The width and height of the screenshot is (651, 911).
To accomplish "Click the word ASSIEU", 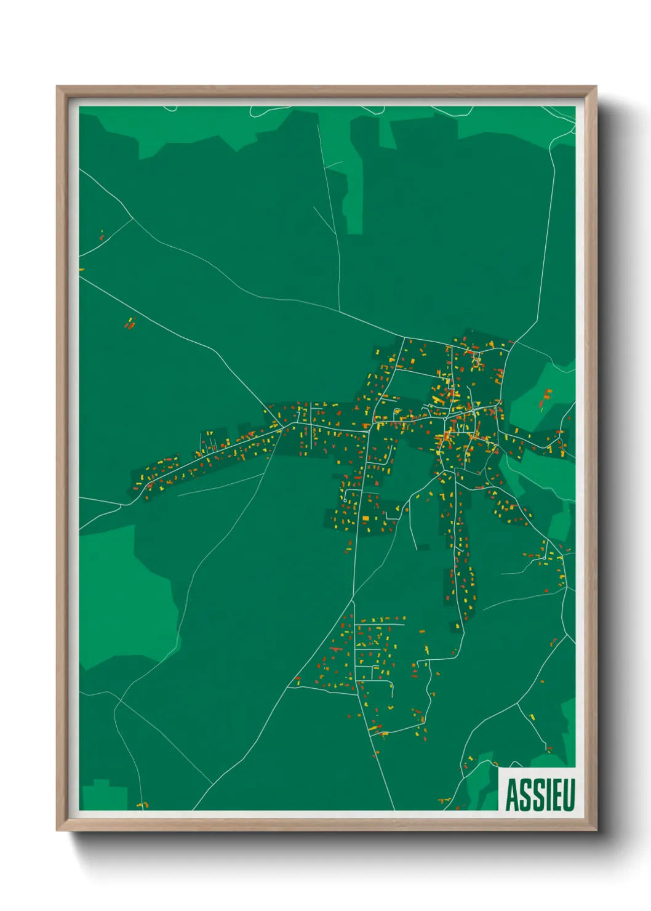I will click(x=540, y=794).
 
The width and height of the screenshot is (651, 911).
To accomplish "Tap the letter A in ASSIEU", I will click(x=512, y=794).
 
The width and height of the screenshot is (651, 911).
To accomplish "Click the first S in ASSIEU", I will click(x=524, y=794).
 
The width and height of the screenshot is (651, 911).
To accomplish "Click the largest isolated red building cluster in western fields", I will click(x=130, y=324).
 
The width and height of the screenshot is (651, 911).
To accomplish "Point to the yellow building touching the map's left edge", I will click(x=81, y=269).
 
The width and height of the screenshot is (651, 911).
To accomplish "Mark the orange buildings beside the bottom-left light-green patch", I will click(x=142, y=805).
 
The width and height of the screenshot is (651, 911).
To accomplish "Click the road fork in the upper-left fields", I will click(x=133, y=219).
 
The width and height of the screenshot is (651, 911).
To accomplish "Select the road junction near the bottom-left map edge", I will click(x=114, y=702).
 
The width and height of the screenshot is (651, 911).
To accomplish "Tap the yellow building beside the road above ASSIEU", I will click(x=532, y=716).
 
